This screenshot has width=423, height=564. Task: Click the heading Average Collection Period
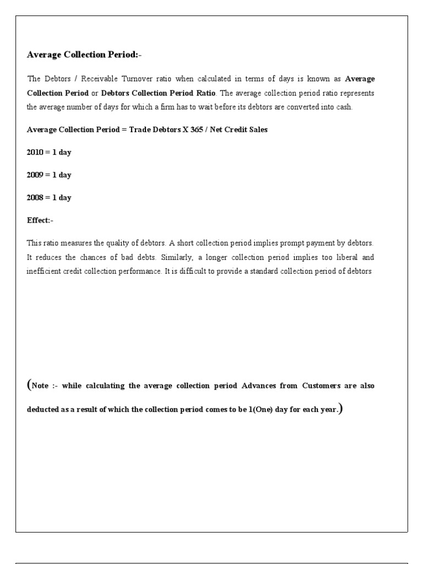(84, 55)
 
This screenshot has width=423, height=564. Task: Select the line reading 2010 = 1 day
(49, 153)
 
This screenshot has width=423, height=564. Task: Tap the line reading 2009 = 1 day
(49, 175)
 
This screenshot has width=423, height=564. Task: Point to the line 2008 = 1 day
(49, 198)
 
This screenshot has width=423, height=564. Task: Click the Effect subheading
(40, 220)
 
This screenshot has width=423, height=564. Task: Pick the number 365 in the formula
(197, 130)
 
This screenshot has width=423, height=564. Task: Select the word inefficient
(44, 272)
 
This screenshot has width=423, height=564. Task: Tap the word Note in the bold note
(40, 386)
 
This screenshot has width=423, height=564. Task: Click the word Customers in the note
(322, 386)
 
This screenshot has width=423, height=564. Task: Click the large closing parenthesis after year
(341, 409)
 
